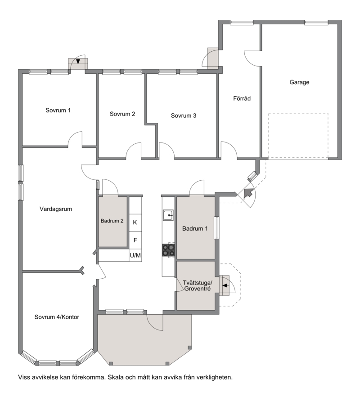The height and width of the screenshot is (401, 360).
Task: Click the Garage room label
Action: (299, 82)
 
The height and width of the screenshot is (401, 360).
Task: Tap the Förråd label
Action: (242, 98)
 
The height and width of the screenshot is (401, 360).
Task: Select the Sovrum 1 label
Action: (58, 110)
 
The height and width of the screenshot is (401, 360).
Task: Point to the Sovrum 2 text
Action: (122, 114)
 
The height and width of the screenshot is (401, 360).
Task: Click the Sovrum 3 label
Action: (183, 116)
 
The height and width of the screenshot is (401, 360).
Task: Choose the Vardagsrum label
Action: (55, 209)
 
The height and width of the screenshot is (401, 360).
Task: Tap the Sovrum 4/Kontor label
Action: (57, 317)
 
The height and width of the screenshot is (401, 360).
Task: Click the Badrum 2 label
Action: (112, 221)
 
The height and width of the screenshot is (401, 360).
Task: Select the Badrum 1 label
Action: (195, 228)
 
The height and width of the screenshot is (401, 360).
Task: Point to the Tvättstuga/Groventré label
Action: (198, 285)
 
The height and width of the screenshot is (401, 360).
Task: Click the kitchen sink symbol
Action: (168, 215)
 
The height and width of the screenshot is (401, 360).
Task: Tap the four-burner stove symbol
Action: (168, 250)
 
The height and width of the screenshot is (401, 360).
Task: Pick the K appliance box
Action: (135, 223)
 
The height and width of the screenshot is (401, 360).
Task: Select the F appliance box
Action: (135, 240)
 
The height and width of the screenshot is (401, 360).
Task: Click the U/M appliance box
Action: (135, 255)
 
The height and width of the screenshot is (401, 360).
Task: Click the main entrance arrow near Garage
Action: (248, 192)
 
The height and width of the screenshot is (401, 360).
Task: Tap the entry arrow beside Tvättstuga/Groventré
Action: (225, 285)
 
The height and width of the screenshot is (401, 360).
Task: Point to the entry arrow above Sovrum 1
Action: (78, 62)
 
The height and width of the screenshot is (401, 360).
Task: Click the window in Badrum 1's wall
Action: (216, 227)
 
